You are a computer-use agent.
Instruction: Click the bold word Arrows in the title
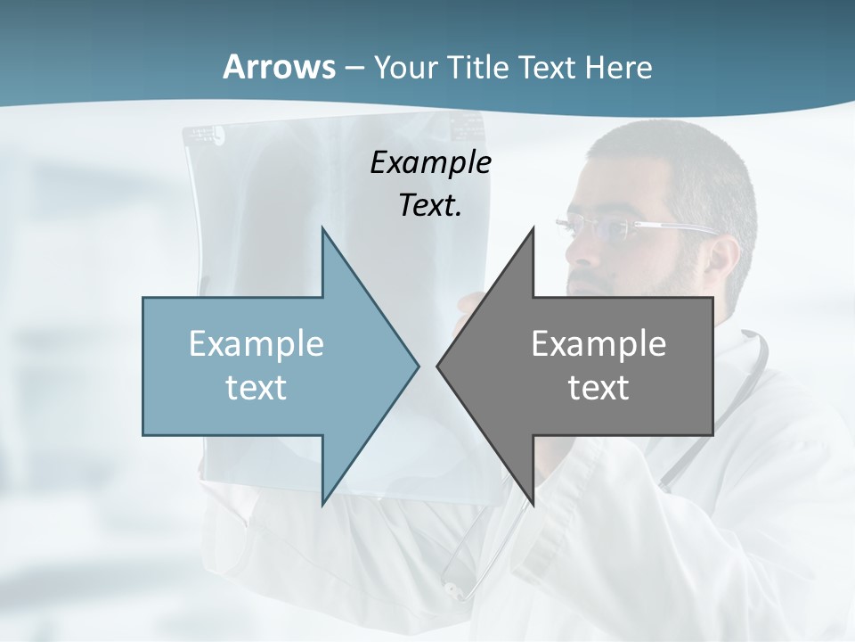point(277,67)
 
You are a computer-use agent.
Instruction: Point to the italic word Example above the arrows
point(430,162)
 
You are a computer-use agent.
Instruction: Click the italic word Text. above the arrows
point(430,205)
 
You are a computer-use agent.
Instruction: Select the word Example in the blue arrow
point(256,343)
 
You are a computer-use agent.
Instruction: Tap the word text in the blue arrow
point(256,387)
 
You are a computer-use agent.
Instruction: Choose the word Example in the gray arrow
point(598,343)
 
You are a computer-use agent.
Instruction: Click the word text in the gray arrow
point(598,387)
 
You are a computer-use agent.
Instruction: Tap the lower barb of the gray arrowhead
point(532,499)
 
